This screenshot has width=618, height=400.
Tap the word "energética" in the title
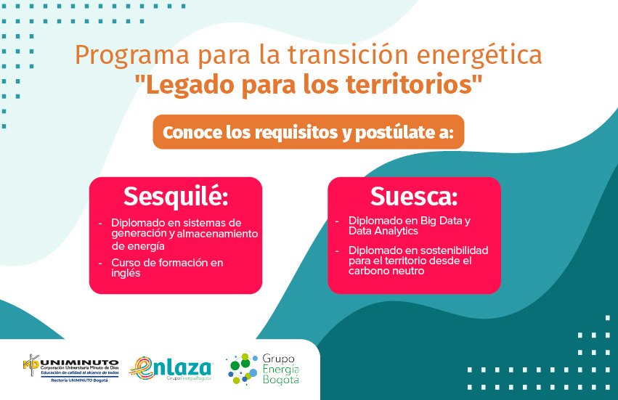click(479, 54)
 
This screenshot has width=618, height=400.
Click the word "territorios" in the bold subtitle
click(409, 84)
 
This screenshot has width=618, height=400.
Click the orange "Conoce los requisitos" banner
click(308, 132)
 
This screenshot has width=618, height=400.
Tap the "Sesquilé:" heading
click(176, 196)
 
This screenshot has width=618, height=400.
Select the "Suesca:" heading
click(414, 196)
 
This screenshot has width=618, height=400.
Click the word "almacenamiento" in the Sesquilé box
click(217, 234)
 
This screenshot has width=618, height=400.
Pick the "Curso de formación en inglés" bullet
click(167, 268)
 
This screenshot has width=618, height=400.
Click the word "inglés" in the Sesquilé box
click(126, 274)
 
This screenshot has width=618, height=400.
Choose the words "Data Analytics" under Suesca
click(383, 231)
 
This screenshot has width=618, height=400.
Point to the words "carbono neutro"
click(386, 271)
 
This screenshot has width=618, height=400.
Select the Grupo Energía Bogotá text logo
click(280, 369)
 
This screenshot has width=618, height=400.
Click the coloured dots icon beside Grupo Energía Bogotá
click(243, 369)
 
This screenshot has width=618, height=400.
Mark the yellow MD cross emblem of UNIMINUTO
click(31, 365)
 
